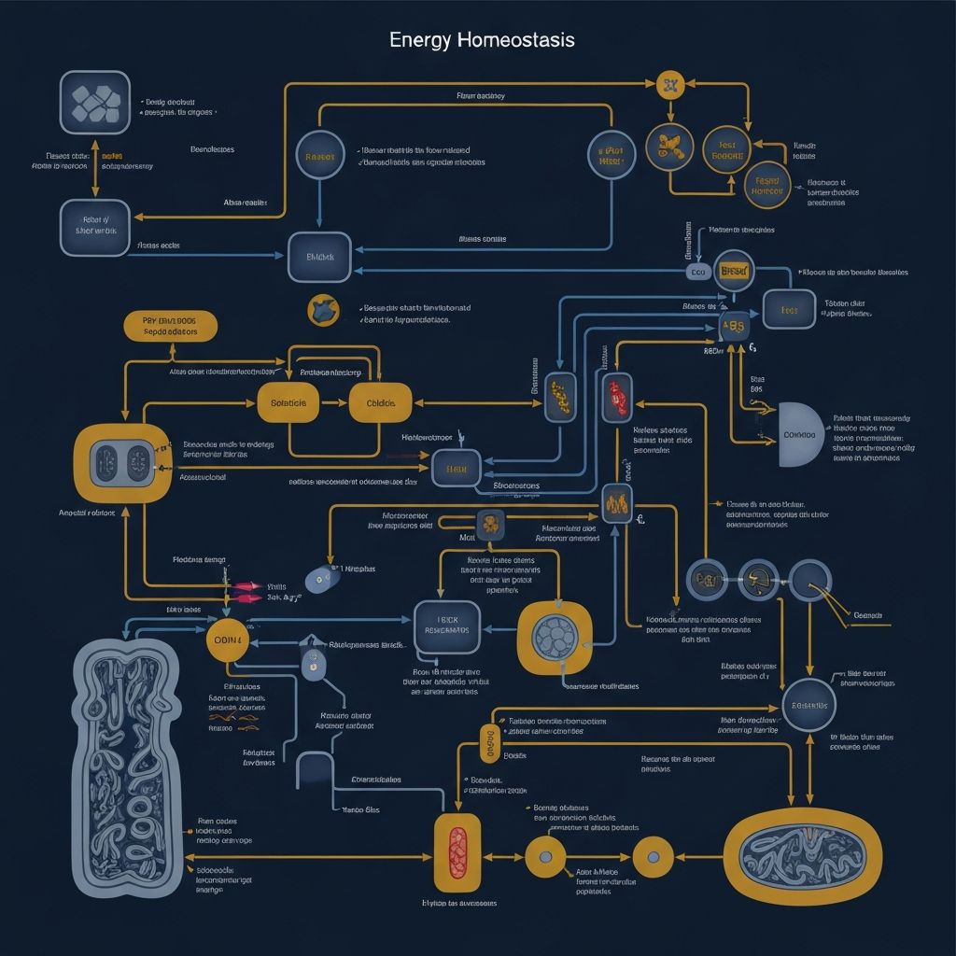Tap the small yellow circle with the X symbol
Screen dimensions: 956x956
coord(669,87)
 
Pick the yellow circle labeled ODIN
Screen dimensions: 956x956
coord(229,640)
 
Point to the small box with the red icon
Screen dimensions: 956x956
coord(617,397)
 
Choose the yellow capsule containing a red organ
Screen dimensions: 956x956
coord(457,851)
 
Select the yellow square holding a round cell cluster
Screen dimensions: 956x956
coord(555,637)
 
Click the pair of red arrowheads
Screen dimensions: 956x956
coord(247,590)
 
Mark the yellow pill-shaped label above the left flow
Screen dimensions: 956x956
coord(170,326)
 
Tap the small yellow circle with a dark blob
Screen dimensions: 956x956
coord(321,309)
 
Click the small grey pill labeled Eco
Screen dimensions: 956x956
coord(697,272)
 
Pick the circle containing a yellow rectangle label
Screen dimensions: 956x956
coord(734,271)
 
